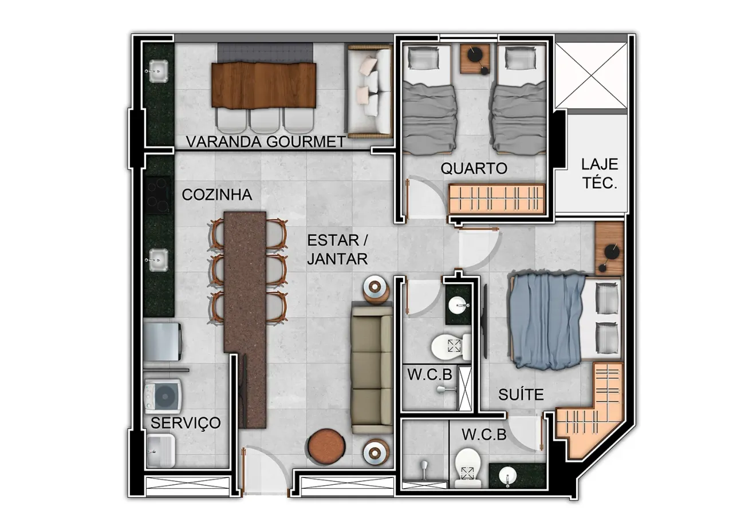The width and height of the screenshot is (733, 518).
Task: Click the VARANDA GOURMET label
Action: [x=265, y=142]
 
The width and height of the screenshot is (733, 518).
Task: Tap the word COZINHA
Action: [x=217, y=195]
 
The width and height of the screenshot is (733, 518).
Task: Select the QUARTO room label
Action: [x=474, y=169]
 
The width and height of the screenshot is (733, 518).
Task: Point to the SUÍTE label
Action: [x=521, y=394]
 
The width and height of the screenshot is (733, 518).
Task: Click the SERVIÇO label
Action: [x=186, y=424]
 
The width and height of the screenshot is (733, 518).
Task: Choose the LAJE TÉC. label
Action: [x=600, y=173]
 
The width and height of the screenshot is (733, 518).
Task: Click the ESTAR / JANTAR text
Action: [x=337, y=250]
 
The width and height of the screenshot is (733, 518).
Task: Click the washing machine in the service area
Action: [x=163, y=396]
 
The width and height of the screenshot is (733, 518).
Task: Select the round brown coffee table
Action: [x=326, y=446]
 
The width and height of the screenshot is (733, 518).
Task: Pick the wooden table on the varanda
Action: [x=264, y=85]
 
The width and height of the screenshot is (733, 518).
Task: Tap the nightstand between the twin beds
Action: [x=475, y=58]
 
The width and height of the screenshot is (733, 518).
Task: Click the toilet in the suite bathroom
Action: [x=468, y=468]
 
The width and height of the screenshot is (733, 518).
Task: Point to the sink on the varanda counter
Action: [x=159, y=71]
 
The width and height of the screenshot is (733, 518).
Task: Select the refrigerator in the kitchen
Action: [x=163, y=342]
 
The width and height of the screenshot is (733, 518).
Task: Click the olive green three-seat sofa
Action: [x=372, y=370]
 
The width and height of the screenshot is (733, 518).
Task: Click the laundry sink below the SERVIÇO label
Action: [x=160, y=450]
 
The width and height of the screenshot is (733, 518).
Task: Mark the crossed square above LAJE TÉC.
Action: [x=592, y=75]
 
